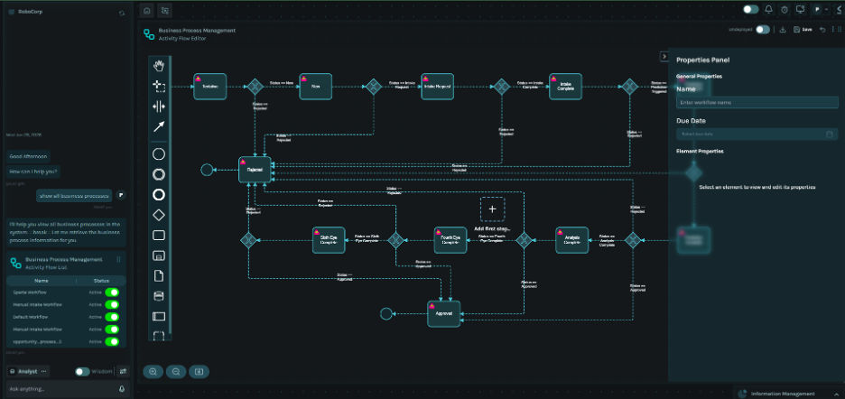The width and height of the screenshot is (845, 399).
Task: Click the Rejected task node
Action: (255, 170)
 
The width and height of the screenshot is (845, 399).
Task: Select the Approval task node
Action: (443, 313)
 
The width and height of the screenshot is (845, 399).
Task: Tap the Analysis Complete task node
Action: (571, 240)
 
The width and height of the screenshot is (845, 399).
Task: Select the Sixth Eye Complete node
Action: (329, 240)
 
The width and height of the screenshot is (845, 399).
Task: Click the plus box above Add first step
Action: (492, 209)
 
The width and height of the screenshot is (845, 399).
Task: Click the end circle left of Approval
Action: (386, 313)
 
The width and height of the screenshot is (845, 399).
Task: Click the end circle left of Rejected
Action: (207, 169)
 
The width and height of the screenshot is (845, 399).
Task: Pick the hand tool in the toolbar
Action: (159, 65)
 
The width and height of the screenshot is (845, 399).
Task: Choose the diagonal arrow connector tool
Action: (159, 127)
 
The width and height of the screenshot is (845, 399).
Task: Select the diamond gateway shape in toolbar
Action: (159, 215)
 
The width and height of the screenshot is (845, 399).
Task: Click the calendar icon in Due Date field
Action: (830, 135)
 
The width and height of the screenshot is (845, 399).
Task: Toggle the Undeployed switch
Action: (763, 30)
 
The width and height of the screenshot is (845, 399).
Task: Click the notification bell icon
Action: (769, 10)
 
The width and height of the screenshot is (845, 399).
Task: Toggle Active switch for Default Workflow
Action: (112, 317)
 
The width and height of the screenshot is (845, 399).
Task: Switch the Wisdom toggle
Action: (82, 371)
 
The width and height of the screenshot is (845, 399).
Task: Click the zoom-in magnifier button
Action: (153, 371)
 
